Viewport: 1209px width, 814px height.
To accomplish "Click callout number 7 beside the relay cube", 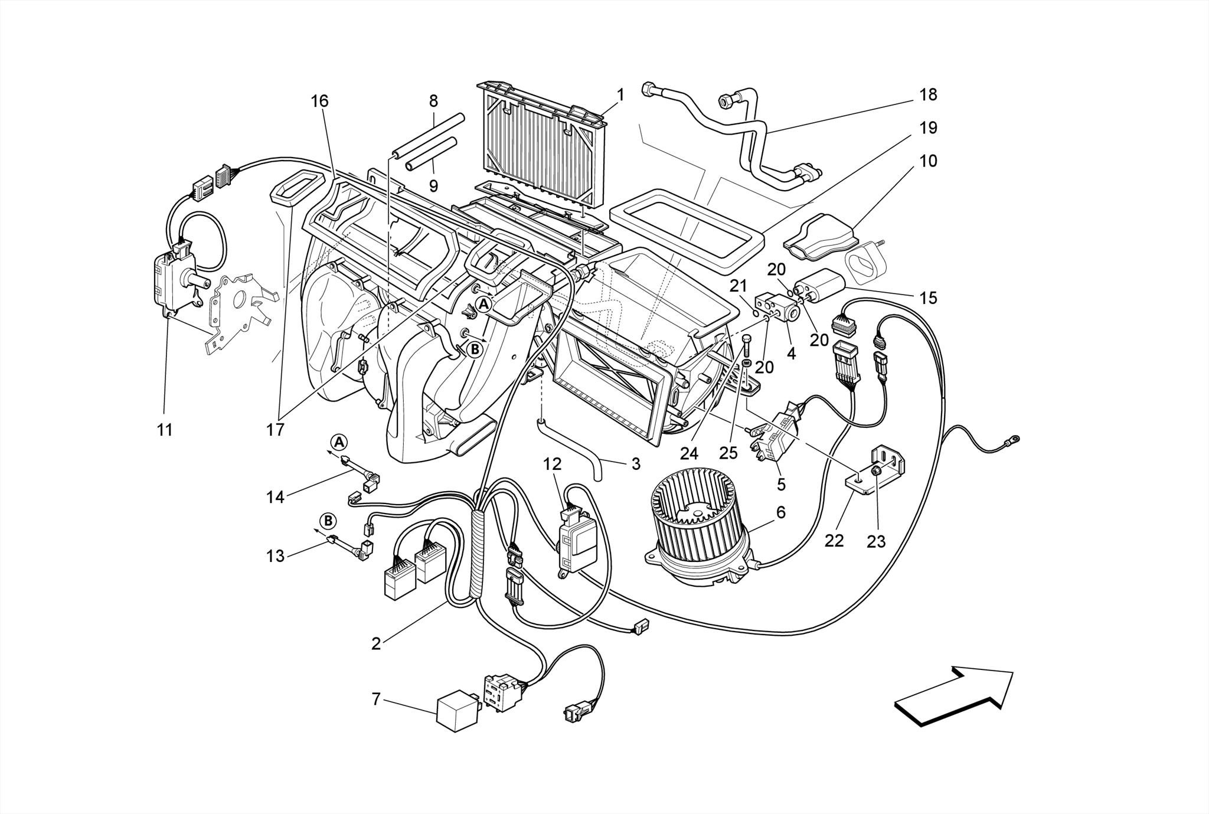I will tap(376, 699).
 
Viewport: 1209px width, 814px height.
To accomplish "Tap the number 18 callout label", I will tap(928, 94).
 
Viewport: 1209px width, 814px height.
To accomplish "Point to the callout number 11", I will tap(165, 430).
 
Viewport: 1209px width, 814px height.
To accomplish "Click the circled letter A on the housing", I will tap(483, 304).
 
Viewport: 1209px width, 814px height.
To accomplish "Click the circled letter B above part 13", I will tap(328, 521).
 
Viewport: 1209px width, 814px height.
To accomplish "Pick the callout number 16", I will tap(319, 101).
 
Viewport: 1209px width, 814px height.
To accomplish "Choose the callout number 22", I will tap(834, 540).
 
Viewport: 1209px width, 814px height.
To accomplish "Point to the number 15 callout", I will tap(928, 298).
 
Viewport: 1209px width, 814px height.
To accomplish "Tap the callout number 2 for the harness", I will tap(376, 643).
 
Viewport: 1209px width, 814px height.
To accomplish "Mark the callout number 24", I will tap(689, 453).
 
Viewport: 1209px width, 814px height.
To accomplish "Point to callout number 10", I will tap(928, 161).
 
